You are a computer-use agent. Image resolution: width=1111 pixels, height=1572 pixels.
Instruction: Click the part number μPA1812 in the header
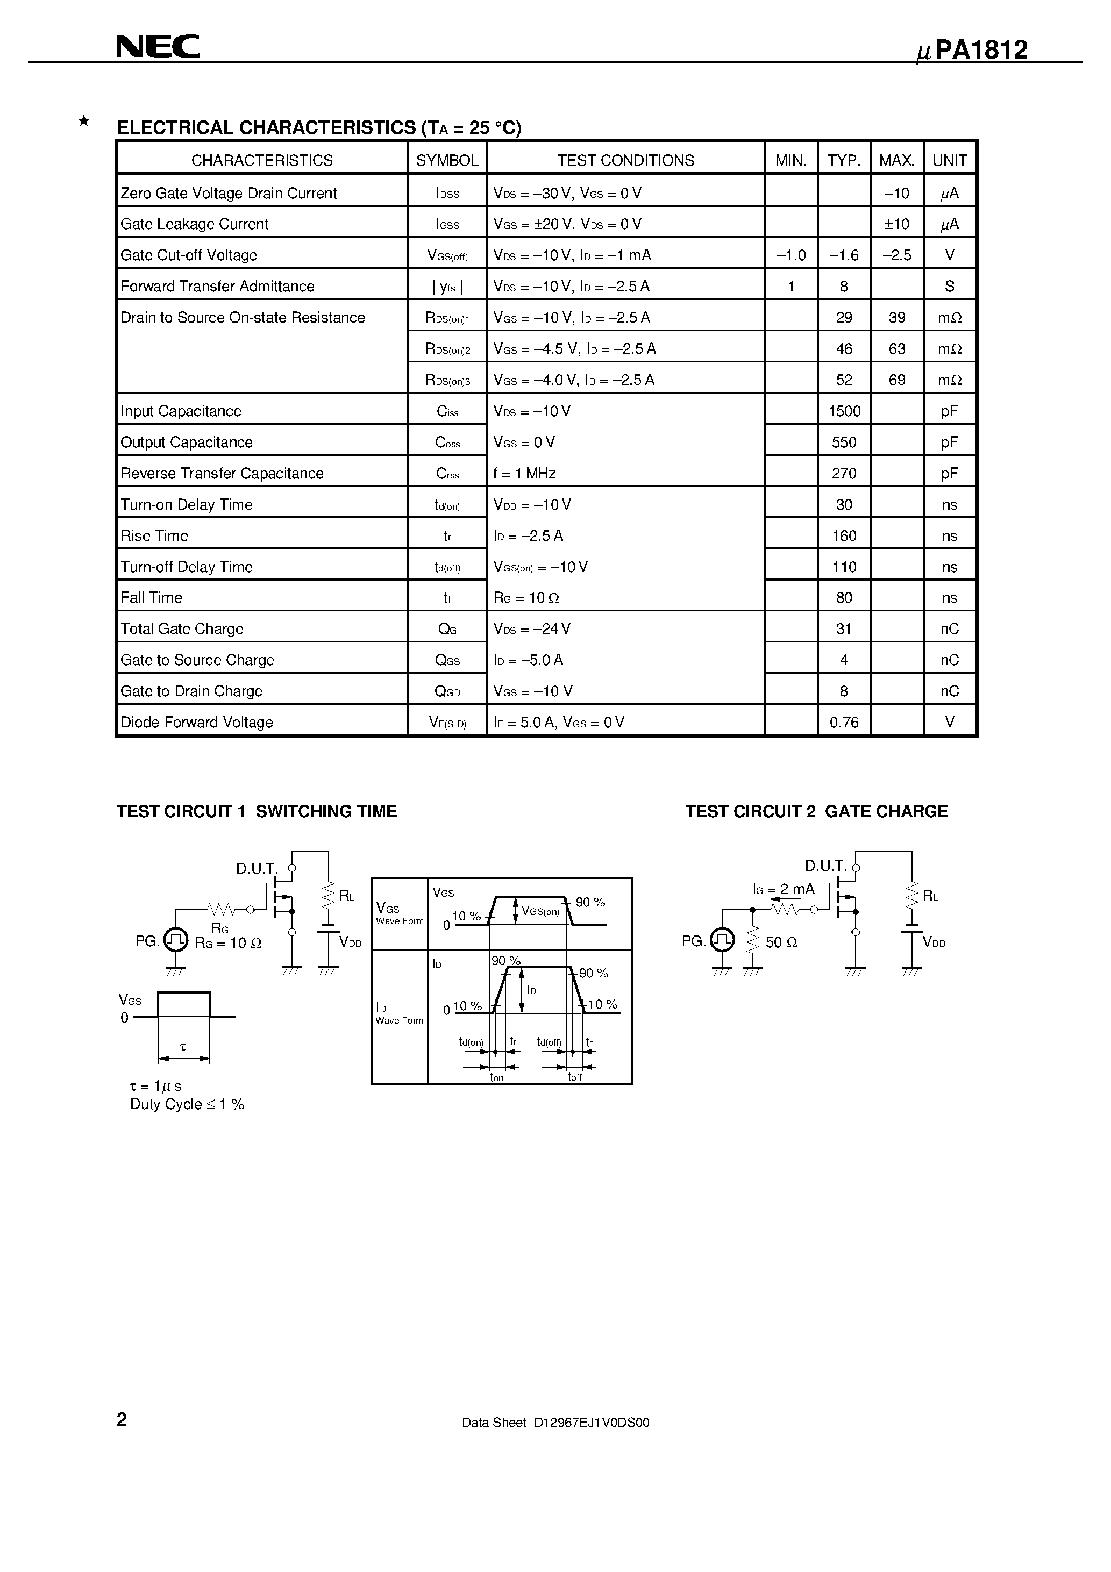point(972,51)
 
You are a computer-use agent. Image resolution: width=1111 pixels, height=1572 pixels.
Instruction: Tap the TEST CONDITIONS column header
point(625,160)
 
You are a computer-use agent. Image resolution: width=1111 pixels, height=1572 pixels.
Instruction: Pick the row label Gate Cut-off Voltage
point(189,255)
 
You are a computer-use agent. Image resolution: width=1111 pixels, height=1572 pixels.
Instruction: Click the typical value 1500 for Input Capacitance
point(844,411)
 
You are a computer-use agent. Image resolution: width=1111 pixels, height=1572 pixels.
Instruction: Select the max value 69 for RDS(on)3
point(896,380)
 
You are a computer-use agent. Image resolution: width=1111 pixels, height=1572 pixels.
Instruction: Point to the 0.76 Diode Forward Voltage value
point(844,723)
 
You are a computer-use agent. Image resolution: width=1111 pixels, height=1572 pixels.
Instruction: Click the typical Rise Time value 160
point(844,536)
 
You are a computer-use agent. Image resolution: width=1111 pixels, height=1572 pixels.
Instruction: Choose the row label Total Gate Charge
point(182,628)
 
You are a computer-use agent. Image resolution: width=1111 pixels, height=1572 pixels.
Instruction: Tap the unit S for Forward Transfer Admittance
point(949,286)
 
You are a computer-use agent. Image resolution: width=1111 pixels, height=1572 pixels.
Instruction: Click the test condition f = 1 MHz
point(524,474)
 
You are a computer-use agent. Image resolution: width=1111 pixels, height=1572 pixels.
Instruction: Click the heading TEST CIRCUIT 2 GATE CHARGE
point(816,811)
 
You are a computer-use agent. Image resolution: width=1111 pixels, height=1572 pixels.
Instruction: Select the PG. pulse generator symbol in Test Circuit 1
point(176,940)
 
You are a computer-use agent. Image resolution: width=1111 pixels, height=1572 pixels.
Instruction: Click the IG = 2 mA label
point(784,889)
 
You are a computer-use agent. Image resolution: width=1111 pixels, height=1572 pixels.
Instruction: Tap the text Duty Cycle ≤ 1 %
point(187,1104)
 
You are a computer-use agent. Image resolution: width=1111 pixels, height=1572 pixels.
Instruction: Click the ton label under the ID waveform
point(496,1078)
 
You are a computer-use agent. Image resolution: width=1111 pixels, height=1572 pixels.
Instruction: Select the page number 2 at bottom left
point(122,1420)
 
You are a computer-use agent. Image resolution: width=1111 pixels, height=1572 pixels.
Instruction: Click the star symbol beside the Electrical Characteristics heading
point(83,122)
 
